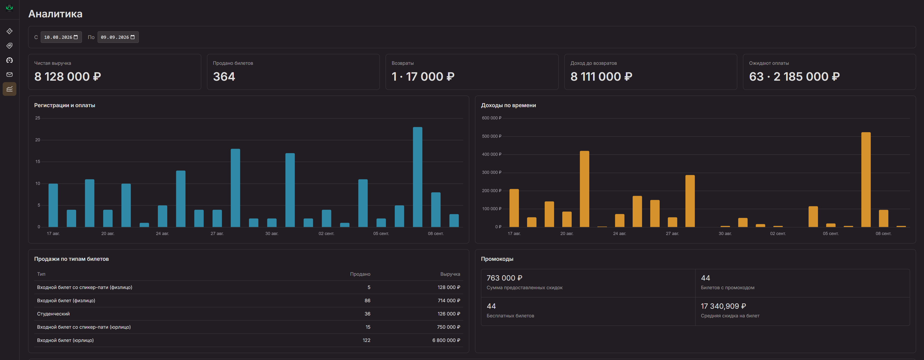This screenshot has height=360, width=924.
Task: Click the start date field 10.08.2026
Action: (61, 37)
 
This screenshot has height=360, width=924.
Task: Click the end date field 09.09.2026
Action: (118, 37)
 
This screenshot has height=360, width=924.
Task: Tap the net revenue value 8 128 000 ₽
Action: (68, 77)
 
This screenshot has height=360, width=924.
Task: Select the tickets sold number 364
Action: (224, 77)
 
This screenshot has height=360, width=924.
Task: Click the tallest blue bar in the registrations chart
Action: (417, 177)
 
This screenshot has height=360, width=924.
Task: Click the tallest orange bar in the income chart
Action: (866, 180)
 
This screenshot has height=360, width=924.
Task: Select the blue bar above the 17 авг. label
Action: (53, 205)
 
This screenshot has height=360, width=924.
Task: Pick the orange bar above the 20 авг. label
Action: (567, 219)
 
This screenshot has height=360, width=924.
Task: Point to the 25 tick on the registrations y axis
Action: (38, 118)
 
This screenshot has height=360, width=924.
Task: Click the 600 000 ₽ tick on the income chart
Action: (491, 118)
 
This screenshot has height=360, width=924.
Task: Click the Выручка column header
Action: (450, 274)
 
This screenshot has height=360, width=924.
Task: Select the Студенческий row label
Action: (54, 314)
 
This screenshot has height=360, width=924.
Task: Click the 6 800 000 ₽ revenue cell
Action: (446, 340)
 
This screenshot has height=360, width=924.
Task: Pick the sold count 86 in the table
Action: (367, 301)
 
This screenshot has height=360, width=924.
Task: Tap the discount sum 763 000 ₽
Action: (504, 278)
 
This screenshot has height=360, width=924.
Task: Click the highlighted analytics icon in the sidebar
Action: (10, 89)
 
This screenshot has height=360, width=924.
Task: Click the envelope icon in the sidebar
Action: (10, 75)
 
